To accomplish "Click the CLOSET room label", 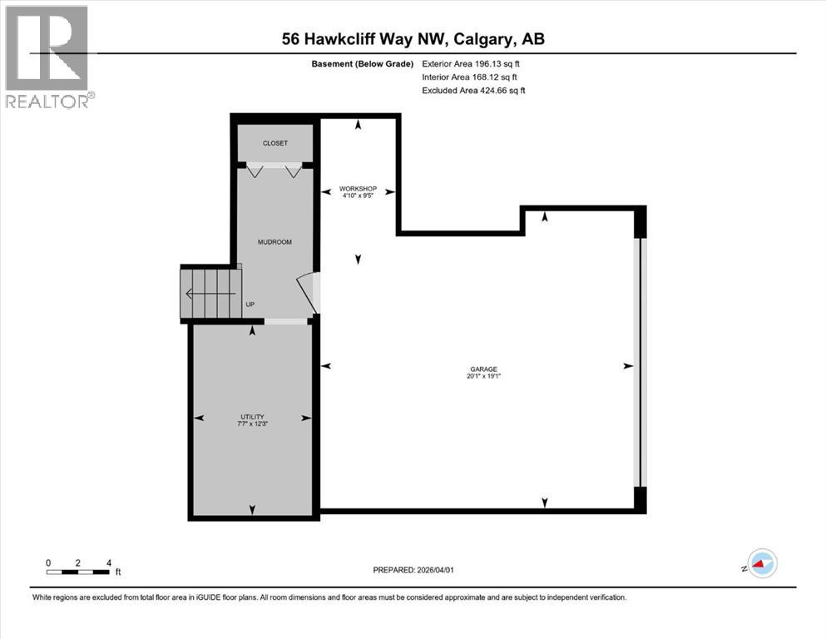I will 275,143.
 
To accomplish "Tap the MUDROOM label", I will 275,242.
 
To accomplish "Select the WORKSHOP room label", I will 358,189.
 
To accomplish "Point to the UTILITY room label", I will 252,417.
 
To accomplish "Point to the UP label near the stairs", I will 250,305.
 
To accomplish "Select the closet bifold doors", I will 275,170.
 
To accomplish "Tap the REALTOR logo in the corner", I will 47,57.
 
